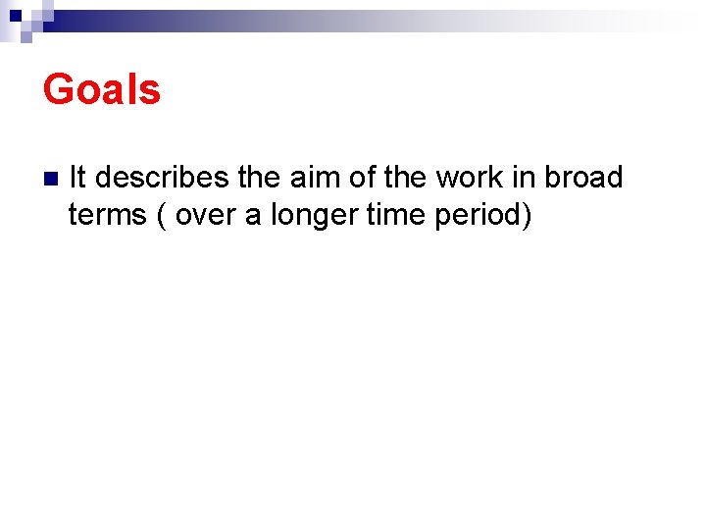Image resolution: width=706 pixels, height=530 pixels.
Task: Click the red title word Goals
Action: point(101,89)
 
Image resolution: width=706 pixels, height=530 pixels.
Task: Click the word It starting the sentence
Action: point(78,178)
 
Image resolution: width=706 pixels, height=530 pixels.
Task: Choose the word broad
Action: point(584,178)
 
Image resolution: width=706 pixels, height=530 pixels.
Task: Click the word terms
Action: point(107,214)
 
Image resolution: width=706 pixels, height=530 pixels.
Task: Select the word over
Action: point(206,214)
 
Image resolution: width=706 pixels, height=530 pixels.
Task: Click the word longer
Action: point(313,215)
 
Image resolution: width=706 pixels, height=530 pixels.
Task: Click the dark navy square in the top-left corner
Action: point(17,15)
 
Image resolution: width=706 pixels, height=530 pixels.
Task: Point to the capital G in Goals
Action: point(59,89)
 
